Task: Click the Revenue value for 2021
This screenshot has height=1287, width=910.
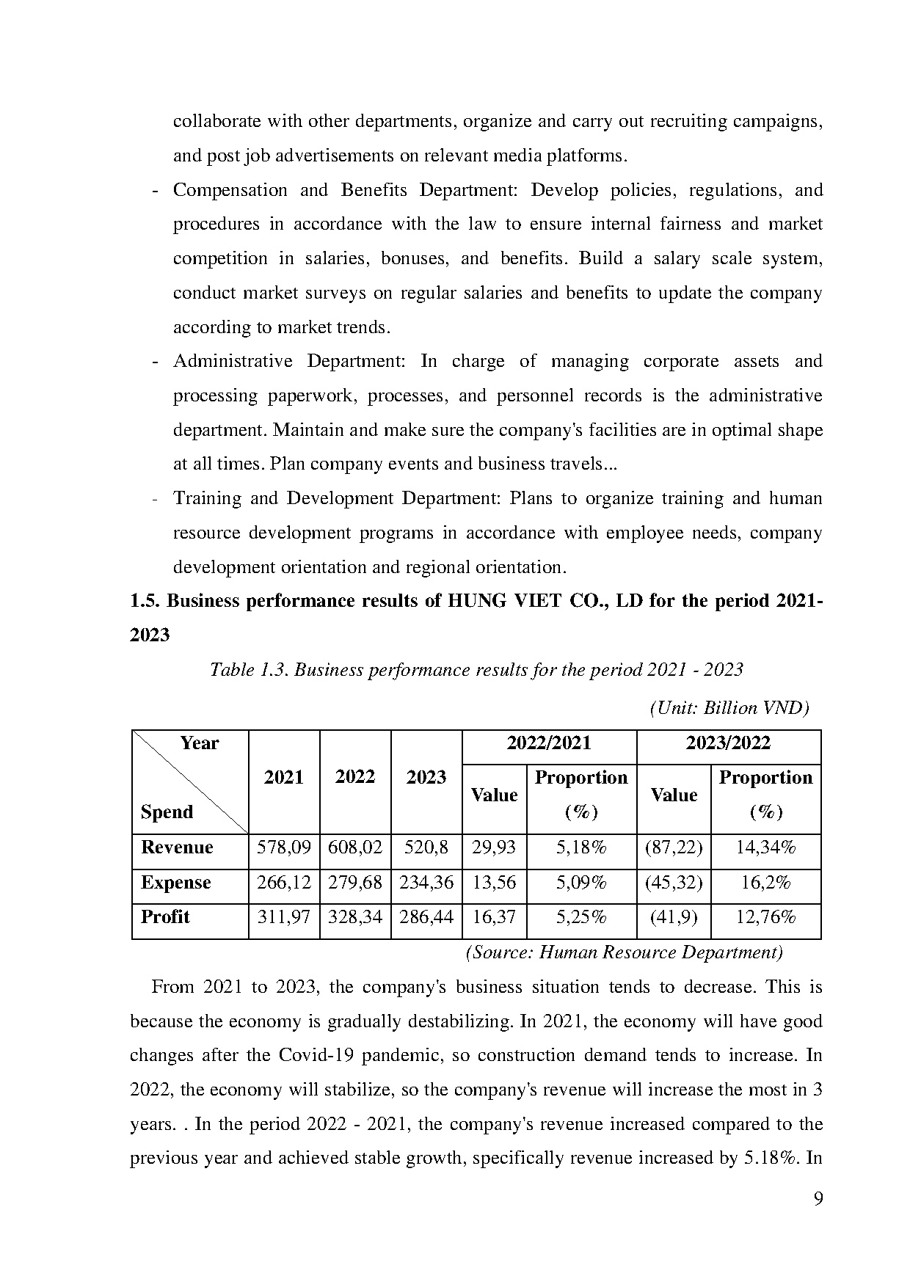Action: pos(283,848)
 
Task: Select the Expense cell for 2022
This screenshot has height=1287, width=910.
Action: pos(355,883)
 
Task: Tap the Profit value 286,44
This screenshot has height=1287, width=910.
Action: pos(426,917)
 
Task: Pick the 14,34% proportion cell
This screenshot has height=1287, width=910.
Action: pos(765,848)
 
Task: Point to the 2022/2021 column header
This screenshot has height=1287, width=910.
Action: pos(549,743)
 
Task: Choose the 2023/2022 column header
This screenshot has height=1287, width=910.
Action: pos(728,743)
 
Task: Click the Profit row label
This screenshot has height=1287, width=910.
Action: pos(165,917)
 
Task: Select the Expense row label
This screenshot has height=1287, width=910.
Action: pos(175,883)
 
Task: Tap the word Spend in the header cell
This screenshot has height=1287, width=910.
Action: pos(167,812)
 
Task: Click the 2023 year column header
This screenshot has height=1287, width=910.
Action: pos(426,778)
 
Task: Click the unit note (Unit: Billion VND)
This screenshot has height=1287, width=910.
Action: pos(729,708)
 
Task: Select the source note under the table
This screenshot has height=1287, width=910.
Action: pos(624,952)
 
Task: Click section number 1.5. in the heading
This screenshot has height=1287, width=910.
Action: pos(145,601)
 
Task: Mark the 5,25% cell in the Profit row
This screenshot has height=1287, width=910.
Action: pos(581,917)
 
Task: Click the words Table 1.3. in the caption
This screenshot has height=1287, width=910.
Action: pos(250,670)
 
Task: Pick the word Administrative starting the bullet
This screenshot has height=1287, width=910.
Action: pos(233,362)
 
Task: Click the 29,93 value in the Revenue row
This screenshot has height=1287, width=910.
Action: pos(494,848)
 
